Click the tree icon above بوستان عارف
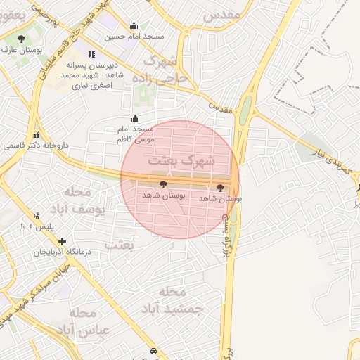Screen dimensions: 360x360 click(x=21, y=39)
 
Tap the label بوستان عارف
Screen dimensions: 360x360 click(x=22, y=51)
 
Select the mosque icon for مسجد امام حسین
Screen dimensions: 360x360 click(x=134, y=26)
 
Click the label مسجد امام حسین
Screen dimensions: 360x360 click(x=134, y=36)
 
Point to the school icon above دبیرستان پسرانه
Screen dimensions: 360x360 click(x=90, y=54)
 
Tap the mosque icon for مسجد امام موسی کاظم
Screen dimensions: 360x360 click(x=135, y=119)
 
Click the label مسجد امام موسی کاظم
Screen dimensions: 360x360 click(x=135, y=134)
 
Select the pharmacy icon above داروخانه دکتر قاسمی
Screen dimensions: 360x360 click(x=36, y=135)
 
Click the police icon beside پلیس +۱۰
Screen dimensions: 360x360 click(x=37, y=216)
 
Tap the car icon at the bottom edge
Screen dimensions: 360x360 click(x=153, y=351)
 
